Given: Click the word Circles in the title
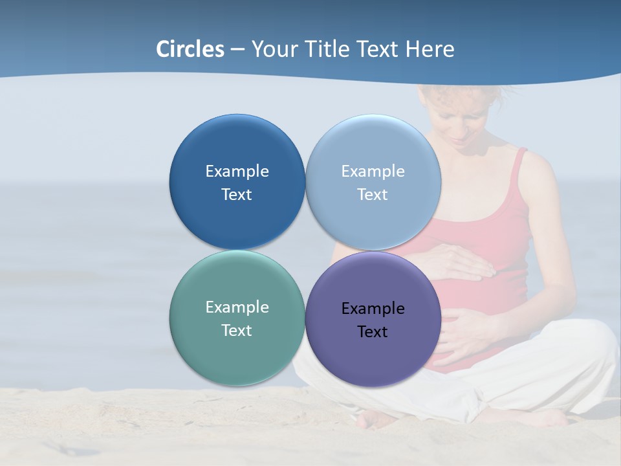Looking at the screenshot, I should click(190, 49).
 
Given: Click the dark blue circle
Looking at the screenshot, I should click(237, 142).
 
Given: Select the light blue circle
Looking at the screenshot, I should click(373, 142).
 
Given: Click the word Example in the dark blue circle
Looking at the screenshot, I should click(237, 172).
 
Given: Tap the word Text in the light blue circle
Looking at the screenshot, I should click(373, 195).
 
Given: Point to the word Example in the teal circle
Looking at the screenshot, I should click(237, 307).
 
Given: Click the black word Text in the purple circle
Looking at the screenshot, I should click(373, 332).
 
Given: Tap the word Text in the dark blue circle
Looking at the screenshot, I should click(237, 195).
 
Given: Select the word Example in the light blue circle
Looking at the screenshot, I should click(373, 172).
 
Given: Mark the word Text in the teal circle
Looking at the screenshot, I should click(237, 331).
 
